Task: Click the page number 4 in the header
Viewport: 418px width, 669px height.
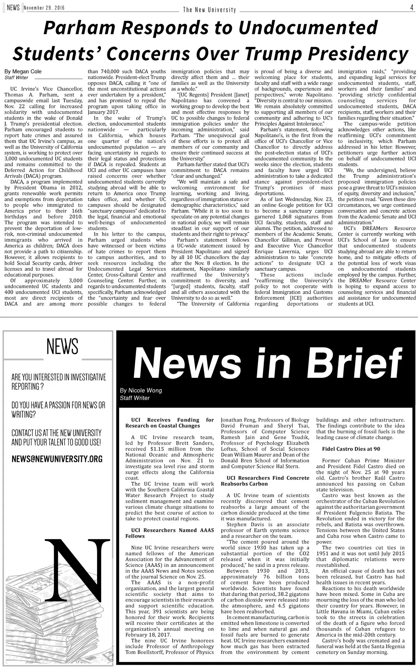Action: coord(411,7)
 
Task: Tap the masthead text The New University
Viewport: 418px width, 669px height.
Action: coord(209,10)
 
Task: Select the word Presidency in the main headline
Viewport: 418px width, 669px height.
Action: coord(358,54)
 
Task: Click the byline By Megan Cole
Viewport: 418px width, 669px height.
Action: coord(23,71)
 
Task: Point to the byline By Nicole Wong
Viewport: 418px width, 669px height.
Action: coord(141,390)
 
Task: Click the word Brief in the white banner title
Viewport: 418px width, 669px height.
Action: coord(352,363)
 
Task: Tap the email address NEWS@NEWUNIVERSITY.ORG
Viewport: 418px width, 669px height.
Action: coord(57,459)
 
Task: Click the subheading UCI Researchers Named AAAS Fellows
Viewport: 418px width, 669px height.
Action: coord(169,533)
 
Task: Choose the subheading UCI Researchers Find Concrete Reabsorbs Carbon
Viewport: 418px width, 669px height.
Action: coord(265,481)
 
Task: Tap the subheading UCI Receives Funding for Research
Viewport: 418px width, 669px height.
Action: coord(169,423)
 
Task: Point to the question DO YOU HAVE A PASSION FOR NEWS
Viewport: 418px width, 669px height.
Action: coord(58,405)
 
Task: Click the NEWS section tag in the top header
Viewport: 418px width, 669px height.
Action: coord(13,8)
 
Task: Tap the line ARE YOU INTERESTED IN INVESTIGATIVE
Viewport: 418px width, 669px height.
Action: coord(58,377)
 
